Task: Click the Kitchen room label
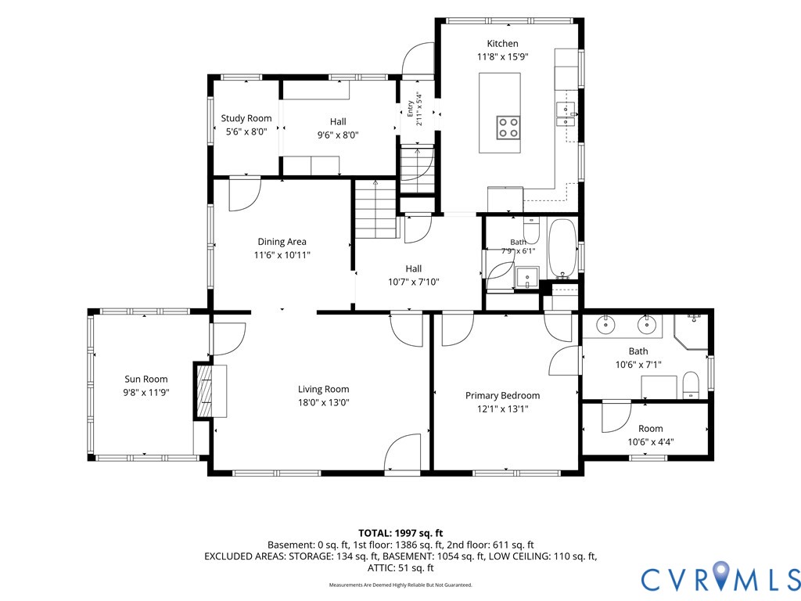502,44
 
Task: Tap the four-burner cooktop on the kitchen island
508,128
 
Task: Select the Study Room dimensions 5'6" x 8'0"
246,131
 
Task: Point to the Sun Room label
146,380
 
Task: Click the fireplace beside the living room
205,391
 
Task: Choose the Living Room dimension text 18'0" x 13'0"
323,403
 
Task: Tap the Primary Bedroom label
502,395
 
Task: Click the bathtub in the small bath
562,248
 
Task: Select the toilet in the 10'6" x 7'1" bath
691,385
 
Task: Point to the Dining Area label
282,242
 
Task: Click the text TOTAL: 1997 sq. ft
400,534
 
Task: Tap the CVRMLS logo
720,577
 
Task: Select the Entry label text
410,109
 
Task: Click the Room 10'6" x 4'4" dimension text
650,442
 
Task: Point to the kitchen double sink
566,114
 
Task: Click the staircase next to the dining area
376,209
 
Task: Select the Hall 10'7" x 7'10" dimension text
413,282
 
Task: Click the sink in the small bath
527,278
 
